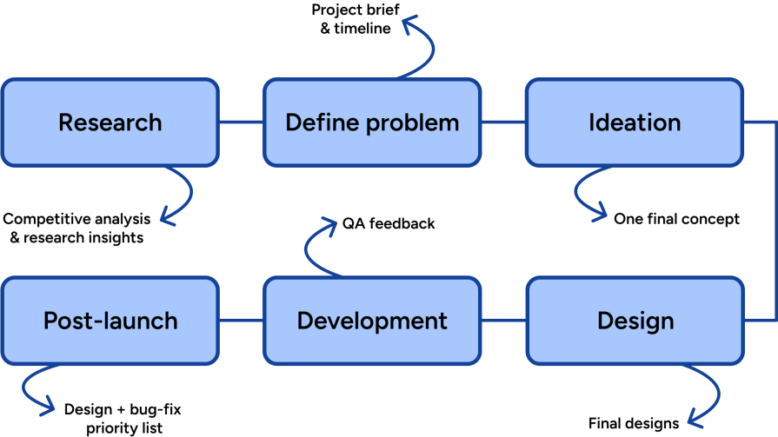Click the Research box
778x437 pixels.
coord(110,122)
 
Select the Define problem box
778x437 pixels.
coord(372,122)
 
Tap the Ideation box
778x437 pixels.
coord(635,122)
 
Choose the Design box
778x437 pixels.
coord(635,321)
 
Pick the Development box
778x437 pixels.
coord(372,321)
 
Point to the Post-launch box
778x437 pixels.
coord(110,321)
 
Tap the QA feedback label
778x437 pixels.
coord(389,224)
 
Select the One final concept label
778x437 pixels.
coord(676,219)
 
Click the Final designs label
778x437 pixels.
coord(633,424)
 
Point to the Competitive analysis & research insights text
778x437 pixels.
coord(76,228)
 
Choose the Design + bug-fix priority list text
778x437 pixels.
coord(123,418)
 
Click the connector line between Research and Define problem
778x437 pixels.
coord(241,122)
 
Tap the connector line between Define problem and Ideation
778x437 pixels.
coord(503,122)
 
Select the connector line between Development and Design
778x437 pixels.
coord(503,321)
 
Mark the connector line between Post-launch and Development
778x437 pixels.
coord(241,321)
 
